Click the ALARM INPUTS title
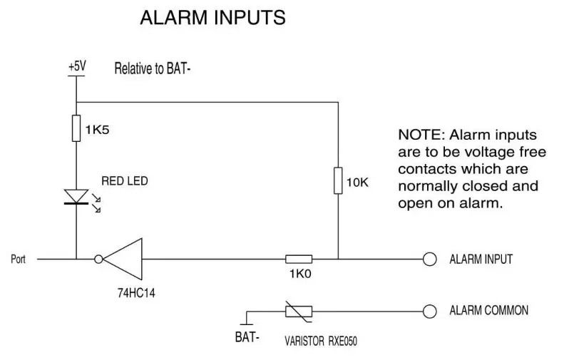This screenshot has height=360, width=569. tap(212, 18)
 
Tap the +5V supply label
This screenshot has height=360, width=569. tap(76, 66)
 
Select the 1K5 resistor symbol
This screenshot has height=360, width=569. tap(76, 129)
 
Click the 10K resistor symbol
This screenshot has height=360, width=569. tap(337, 181)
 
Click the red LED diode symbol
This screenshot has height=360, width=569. tap(76, 197)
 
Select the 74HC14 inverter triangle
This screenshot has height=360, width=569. tap(123, 259)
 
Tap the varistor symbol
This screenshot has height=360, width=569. tap(298, 311)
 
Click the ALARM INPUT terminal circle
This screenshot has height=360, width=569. tap(429, 259)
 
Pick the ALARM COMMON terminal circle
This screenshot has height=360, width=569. tap(429, 311)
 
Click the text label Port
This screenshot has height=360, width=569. tap(18, 259)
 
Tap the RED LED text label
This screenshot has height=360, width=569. tap(124, 181)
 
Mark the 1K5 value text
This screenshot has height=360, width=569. tap(96, 130)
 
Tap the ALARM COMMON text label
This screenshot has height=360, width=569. tap(488, 311)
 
